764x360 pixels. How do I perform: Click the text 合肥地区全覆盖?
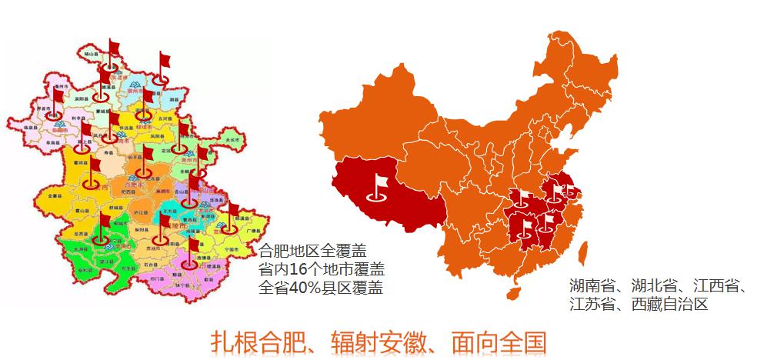coord(313,251)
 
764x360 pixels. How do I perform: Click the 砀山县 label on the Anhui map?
coord(90,55)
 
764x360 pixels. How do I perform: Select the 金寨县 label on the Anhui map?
coord(55,196)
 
